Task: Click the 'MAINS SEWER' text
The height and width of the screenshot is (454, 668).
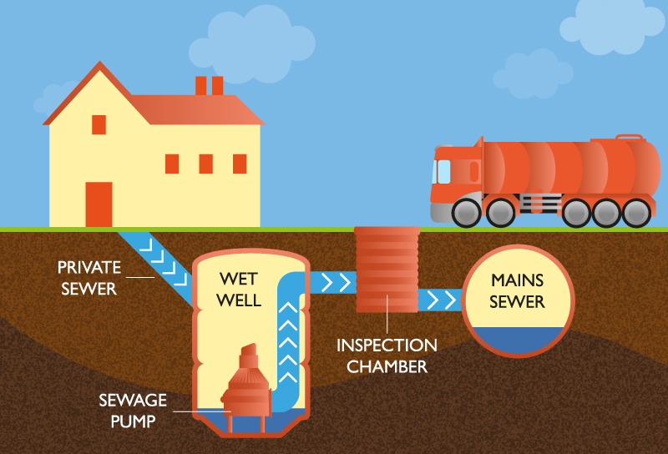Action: point(518,290)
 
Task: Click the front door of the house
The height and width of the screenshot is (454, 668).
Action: point(99,204)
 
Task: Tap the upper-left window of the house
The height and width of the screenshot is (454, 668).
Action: point(99,124)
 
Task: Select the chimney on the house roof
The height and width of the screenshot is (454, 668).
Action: point(209,85)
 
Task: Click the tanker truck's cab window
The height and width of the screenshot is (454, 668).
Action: point(443,172)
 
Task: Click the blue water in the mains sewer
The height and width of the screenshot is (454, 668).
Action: point(518,338)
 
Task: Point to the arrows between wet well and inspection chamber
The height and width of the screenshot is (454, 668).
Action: point(333,282)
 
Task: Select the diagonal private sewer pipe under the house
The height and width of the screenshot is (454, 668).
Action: point(159,258)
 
